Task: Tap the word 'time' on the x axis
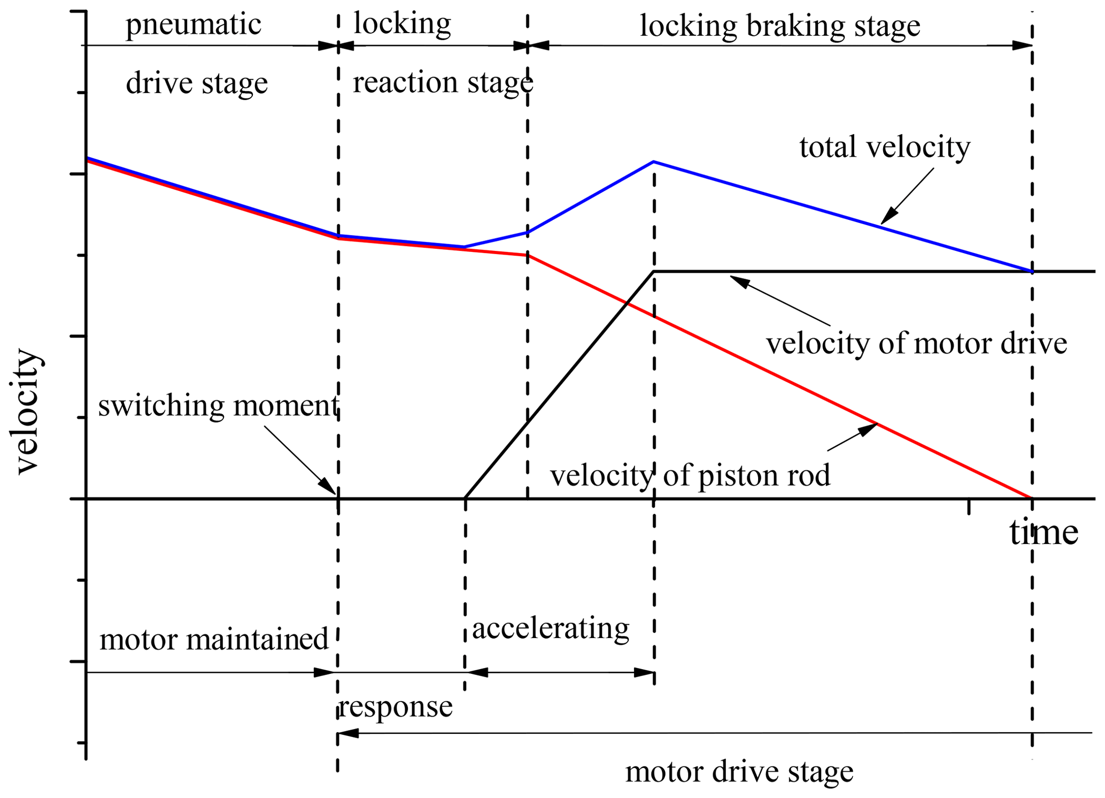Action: click(1043, 533)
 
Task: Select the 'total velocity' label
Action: click(884, 147)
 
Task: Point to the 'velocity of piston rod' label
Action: click(690, 475)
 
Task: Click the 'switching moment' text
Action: click(218, 405)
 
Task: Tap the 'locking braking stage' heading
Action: click(780, 26)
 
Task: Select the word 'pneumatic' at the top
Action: click(193, 25)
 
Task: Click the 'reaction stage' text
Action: click(443, 82)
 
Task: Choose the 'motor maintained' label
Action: click(214, 639)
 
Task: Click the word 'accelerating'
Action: click(550, 628)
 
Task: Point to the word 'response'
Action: click(396, 707)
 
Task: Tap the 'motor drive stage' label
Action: click(739, 772)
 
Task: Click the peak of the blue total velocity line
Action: click(654, 162)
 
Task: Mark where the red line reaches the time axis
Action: click(1031, 498)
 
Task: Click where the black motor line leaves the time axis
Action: click(466, 498)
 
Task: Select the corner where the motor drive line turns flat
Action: click(654, 272)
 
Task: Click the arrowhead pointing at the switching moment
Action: click(328, 486)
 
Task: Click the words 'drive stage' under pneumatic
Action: click(196, 83)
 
